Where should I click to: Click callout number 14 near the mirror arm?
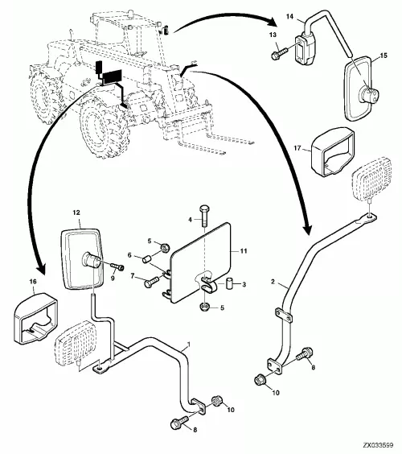289,17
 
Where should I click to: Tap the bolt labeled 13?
279,53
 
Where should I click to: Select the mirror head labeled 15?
358,89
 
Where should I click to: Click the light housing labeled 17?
333,151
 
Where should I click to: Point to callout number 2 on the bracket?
273,282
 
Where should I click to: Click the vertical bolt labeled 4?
204,216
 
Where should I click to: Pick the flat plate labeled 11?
201,262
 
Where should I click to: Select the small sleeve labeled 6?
146,258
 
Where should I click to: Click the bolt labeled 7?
151,282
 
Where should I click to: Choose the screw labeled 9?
117,266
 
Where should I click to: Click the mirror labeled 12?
83,258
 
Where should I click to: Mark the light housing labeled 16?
35,317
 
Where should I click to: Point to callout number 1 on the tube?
189,345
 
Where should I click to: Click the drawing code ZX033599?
379,444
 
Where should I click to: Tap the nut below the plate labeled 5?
205,307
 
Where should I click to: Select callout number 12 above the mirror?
76,213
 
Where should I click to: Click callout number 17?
297,148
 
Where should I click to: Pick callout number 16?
34,282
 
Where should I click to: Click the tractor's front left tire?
104,127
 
